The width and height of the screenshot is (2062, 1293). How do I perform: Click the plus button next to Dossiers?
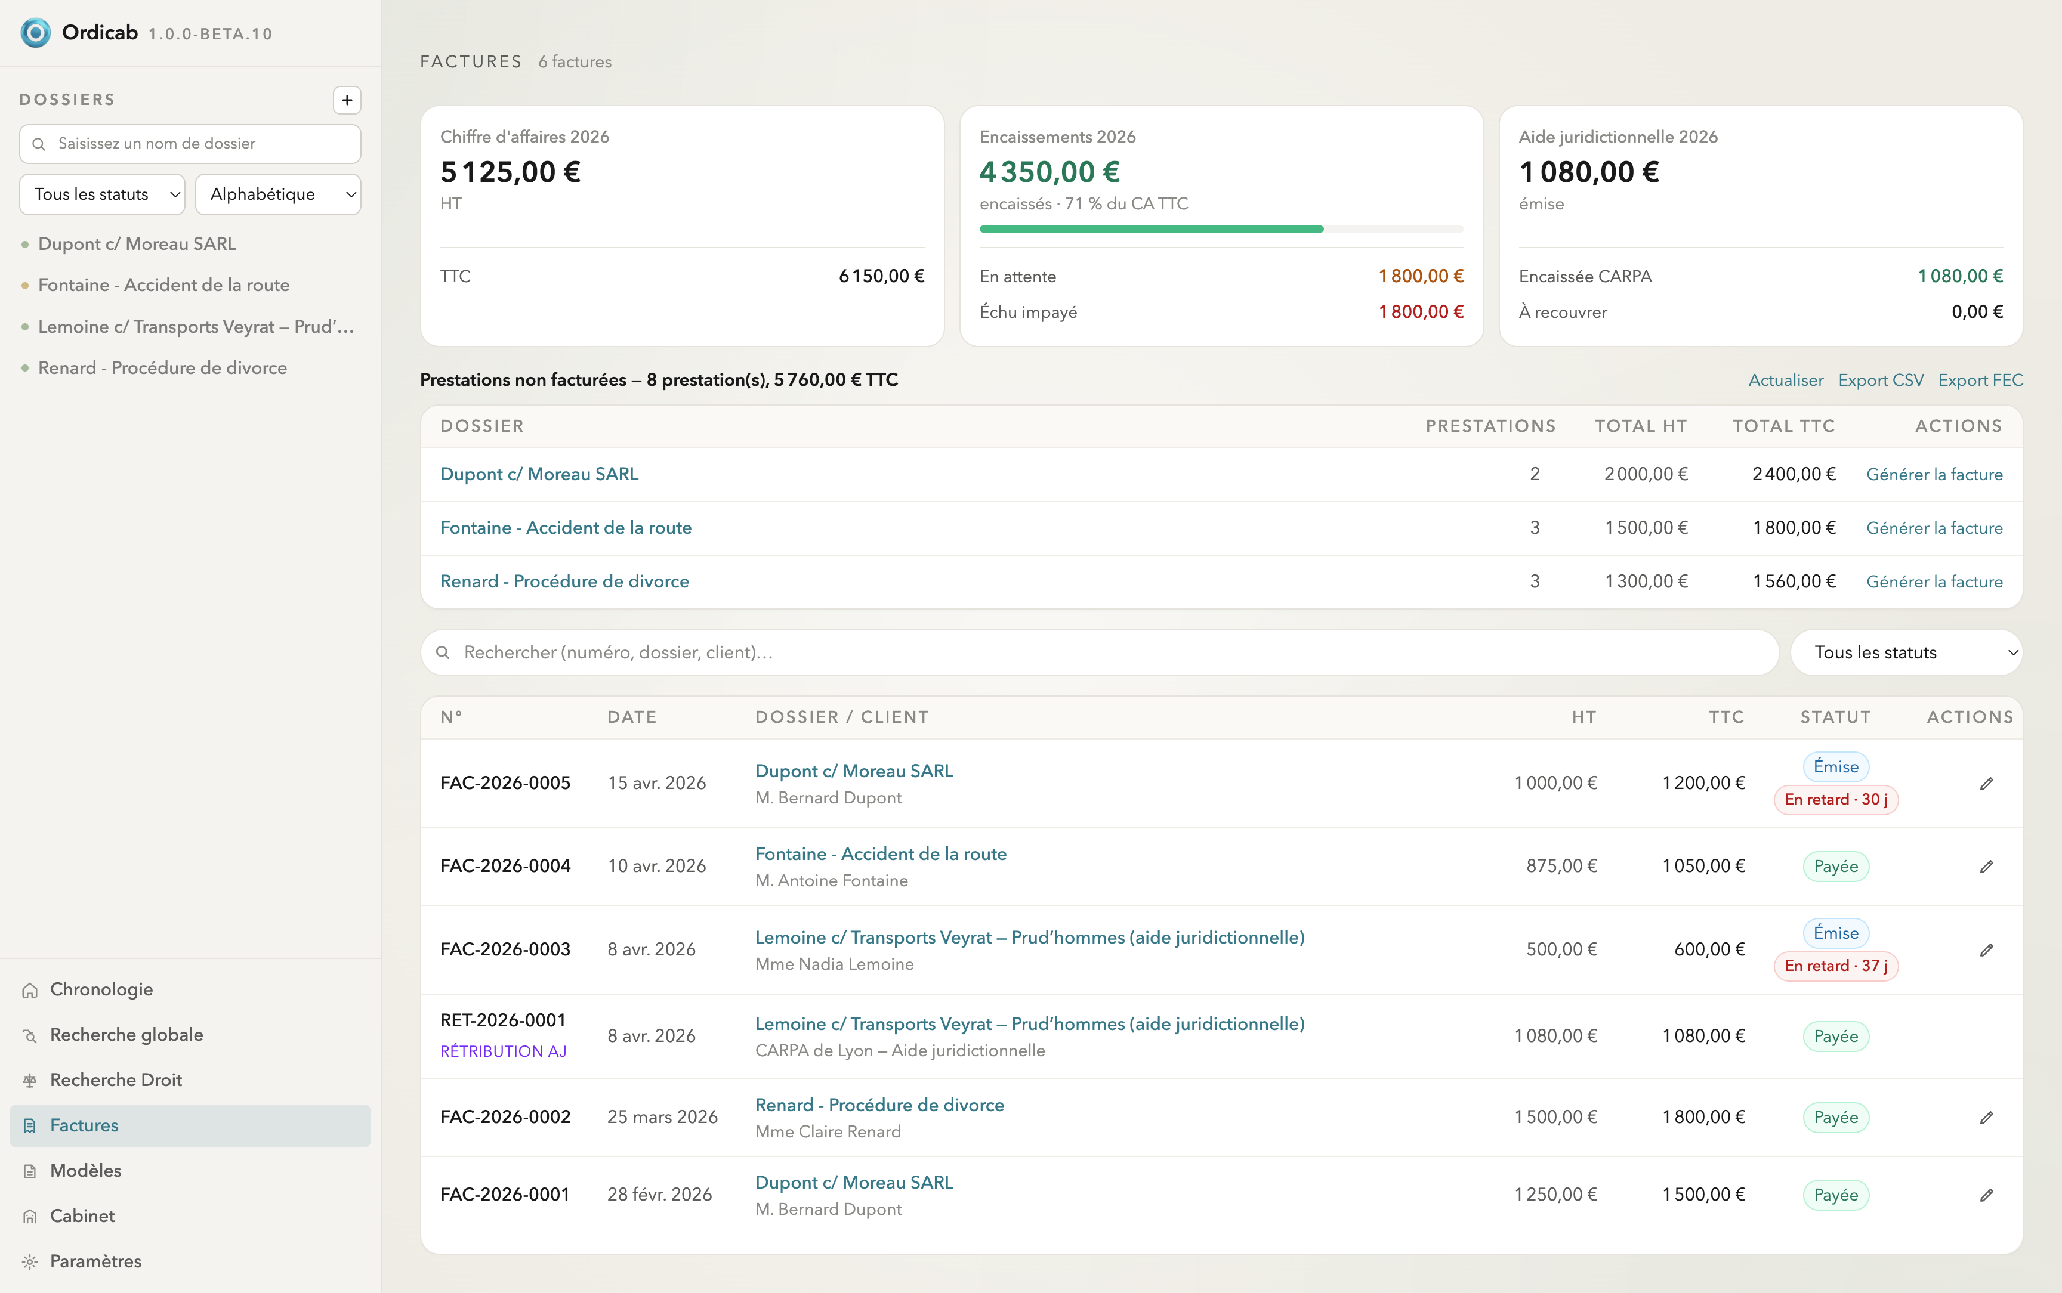(x=347, y=100)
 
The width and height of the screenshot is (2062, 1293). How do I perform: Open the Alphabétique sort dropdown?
(x=278, y=194)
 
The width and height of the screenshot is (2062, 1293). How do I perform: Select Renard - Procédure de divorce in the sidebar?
(x=162, y=368)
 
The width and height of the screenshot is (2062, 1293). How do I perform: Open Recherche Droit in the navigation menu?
(x=116, y=1080)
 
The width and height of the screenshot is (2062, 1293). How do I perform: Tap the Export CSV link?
(x=1881, y=381)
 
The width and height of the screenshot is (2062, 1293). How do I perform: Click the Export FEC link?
(x=1980, y=381)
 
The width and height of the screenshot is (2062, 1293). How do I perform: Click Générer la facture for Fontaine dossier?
(x=1934, y=528)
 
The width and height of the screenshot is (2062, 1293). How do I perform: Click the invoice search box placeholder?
(x=618, y=652)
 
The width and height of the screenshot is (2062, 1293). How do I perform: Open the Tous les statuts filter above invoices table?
(x=1906, y=652)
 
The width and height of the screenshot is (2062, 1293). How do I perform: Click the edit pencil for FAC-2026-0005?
(x=1986, y=783)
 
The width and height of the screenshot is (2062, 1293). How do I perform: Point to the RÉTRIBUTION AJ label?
(x=503, y=1051)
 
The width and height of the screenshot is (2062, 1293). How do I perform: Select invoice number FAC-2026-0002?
(x=505, y=1117)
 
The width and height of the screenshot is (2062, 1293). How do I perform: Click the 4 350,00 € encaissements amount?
(x=1049, y=172)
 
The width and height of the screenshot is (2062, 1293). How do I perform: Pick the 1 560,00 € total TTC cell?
(x=1794, y=581)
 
